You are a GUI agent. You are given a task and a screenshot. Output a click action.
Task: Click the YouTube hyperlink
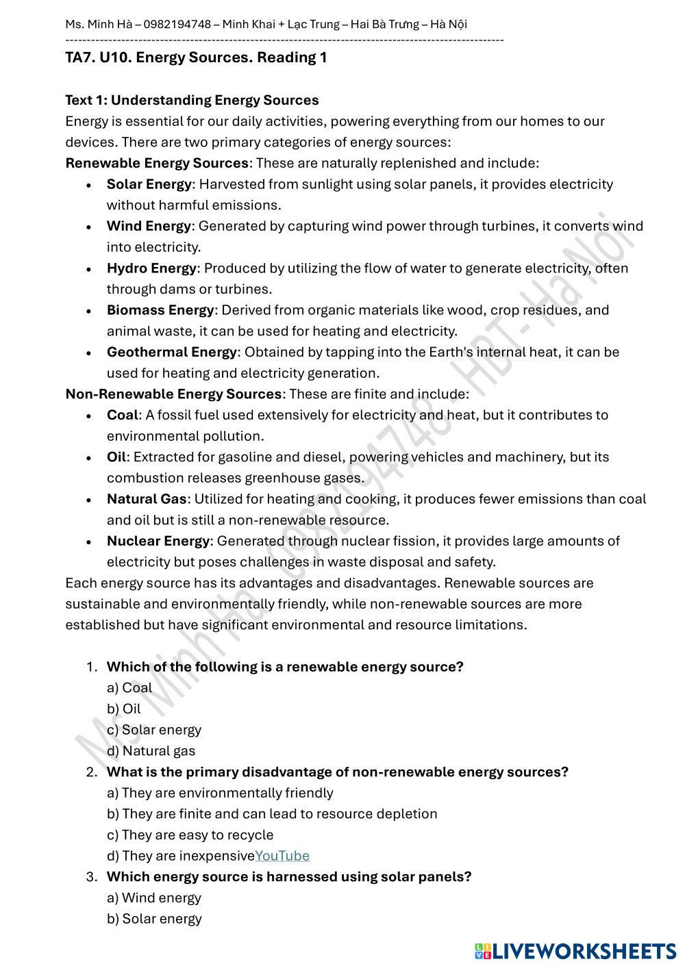click(x=282, y=856)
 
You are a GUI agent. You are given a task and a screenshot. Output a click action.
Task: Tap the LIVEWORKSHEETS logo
click(x=575, y=951)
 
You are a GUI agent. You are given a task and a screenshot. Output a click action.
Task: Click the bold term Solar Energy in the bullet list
click(x=149, y=184)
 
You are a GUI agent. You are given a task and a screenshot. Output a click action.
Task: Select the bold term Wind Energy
click(x=149, y=226)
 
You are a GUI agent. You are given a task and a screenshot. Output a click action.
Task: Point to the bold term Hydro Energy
click(x=151, y=268)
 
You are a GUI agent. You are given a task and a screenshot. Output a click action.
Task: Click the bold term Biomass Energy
click(x=160, y=310)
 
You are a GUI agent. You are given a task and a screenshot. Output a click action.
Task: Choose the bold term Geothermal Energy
click(x=171, y=352)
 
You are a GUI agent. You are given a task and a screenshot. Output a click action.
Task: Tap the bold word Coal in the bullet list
click(x=122, y=415)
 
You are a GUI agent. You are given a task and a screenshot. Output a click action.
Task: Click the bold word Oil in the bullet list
click(x=116, y=457)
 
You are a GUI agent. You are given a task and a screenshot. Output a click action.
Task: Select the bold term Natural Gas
click(x=147, y=499)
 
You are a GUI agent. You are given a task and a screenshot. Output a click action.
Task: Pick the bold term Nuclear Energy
click(x=158, y=541)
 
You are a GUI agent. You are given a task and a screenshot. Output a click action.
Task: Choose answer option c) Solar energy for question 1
click(x=154, y=730)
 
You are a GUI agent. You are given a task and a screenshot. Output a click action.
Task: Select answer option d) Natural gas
click(x=151, y=751)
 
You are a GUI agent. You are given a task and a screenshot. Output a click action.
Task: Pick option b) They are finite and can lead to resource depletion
click(x=272, y=814)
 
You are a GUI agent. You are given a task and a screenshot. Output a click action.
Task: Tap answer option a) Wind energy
click(x=154, y=897)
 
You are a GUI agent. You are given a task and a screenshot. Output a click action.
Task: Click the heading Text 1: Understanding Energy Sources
click(x=192, y=100)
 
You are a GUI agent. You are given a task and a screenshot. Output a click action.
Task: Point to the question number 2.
click(x=91, y=772)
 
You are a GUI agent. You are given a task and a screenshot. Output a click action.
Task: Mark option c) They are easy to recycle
click(x=190, y=835)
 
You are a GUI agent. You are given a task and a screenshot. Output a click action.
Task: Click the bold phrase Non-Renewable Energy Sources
click(x=173, y=394)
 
